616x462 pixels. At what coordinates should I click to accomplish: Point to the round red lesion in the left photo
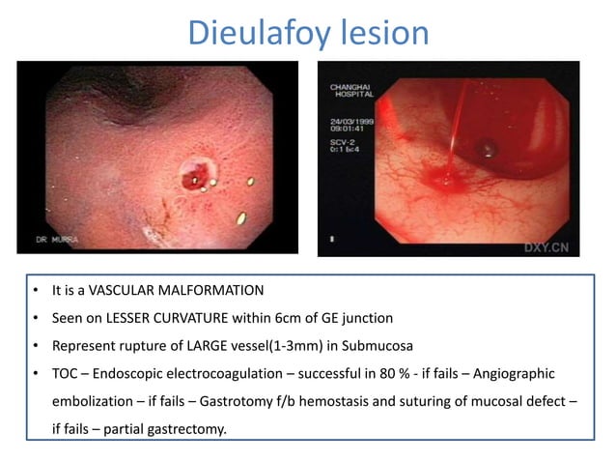click(197, 175)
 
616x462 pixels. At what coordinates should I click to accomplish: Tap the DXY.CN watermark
click(547, 245)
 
